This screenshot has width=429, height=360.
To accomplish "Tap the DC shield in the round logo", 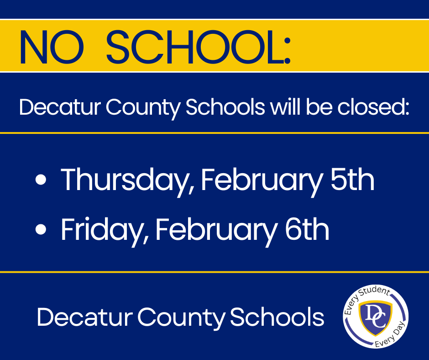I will tap(376, 317).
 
